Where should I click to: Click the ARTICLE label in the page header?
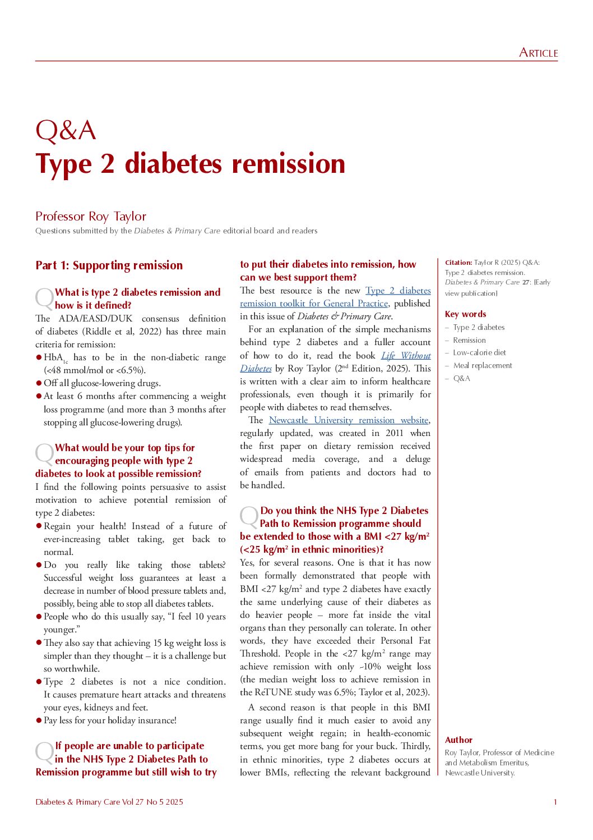tap(538, 53)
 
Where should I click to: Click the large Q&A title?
tap(66, 131)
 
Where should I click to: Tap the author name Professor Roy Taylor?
tap(91, 217)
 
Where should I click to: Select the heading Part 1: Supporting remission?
tap(109, 265)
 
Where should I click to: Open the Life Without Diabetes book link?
tap(406, 356)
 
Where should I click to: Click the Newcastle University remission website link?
tap(349, 420)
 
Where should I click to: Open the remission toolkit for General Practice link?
tap(314, 304)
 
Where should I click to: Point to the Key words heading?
tap(465, 314)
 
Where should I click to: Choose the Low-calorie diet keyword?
tap(479, 353)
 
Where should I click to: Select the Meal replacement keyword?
tap(483, 366)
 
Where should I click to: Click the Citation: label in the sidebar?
tap(458, 263)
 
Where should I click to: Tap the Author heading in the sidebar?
tap(458, 740)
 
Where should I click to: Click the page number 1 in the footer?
tap(555, 802)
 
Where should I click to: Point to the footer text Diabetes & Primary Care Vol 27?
tap(109, 802)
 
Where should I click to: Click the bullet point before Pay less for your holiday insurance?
tap(39, 720)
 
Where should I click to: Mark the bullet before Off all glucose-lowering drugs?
tap(39, 383)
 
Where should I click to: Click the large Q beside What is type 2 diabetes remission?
tap(44, 299)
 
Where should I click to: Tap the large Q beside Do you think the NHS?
tap(249, 517)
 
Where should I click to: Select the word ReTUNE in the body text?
tap(271, 692)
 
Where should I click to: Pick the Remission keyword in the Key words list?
tap(469, 340)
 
